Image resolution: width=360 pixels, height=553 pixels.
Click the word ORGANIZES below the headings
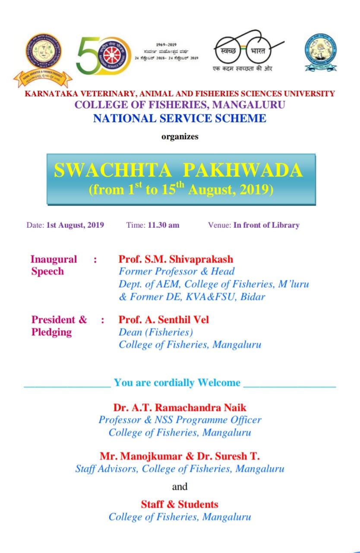tap(180, 137)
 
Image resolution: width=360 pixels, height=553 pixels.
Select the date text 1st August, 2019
tap(75, 225)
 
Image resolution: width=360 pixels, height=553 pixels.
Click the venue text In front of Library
tap(266, 225)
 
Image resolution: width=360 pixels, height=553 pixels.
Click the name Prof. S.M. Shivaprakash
tap(176, 259)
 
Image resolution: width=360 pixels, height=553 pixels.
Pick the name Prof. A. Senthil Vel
tap(164, 320)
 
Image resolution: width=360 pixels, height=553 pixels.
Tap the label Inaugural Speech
tap(54, 265)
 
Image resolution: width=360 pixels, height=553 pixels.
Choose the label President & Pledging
tap(59, 326)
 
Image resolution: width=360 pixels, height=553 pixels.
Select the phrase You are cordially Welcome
tap(177, 382)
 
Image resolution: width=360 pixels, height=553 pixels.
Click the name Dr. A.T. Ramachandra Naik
tap(180, 407)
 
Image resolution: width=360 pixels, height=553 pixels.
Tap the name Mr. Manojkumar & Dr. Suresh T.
tap(180, 456)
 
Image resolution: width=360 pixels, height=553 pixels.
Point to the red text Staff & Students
tap(180, 504)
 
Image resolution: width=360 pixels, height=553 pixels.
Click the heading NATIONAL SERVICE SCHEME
tap(180, 118)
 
